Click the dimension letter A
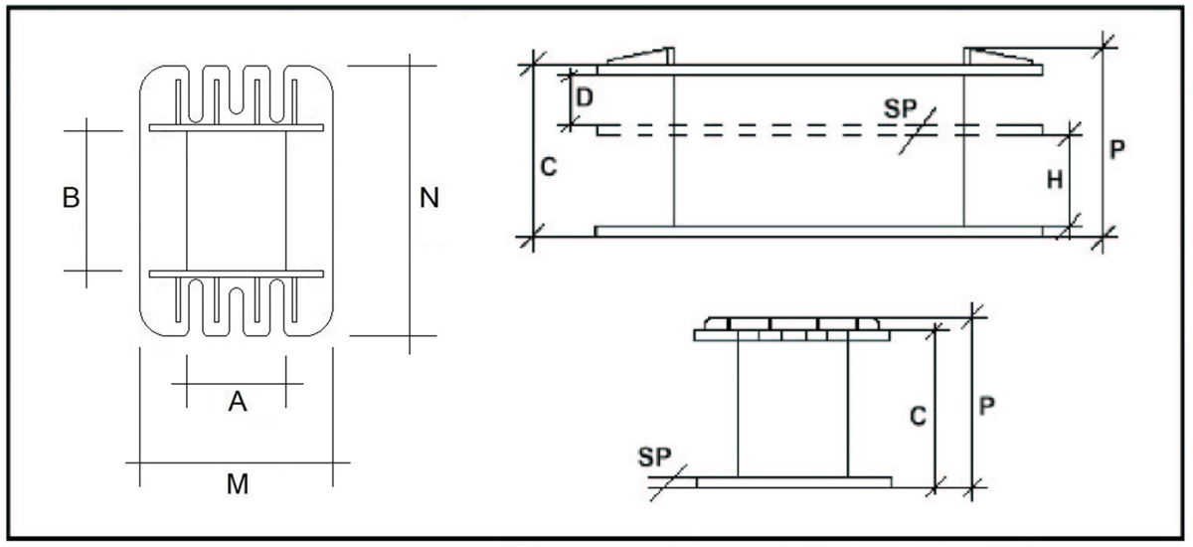pyautogui.click(x=238, y=402)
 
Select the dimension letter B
pyautogui.click(x=71, y=198)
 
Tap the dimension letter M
pyautogui.click(x=238, y=484)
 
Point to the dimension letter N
pyautogui.click(x=429, y=198)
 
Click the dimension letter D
pyautogui.click(x=585, y=98)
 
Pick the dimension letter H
pyautogui.click(x=1055, y=180)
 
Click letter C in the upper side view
pyautogui.click(x=549, y=167)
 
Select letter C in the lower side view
pyautogui.click(x=919, y=416)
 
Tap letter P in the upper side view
pyautogui.click(x=1117, y=149)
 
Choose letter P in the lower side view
pyautogui.click(x=987, y=407)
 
